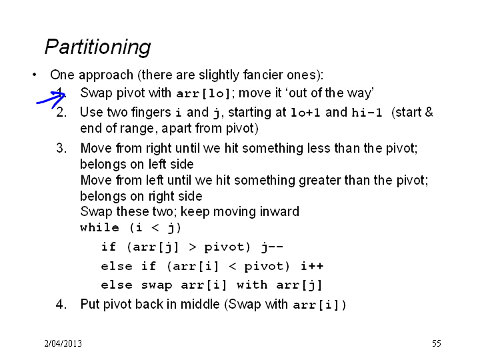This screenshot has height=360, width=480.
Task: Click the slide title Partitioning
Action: click(x=97, y=47)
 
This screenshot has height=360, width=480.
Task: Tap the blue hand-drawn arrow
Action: click(x=51, y=98)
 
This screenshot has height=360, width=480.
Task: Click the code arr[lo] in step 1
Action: click(x=203, y=93)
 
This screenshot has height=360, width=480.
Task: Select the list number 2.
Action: click(x=61, y=113)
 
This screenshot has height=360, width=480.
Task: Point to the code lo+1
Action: click(x=305, y=113)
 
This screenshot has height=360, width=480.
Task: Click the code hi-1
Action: click(x=367, y=113)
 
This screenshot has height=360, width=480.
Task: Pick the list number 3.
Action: click(x=61, y=148)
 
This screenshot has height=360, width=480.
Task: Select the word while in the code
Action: click(x=99, y=228)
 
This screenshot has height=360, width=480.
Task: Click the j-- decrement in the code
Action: click(x=272, y=247)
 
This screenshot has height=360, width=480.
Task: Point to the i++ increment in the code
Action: click(x=312, y=266)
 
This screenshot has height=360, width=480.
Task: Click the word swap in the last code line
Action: click(x=157, y=285)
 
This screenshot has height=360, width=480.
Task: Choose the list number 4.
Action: click(x=61, y=304)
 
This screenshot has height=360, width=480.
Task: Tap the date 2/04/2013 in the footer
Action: click(x=63, y=343)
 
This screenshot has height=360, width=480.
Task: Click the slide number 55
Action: click(x=437, y=343)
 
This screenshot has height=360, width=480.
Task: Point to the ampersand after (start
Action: click(x=429, y=112)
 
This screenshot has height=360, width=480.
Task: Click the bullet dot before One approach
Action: click(x=34, y=75)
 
